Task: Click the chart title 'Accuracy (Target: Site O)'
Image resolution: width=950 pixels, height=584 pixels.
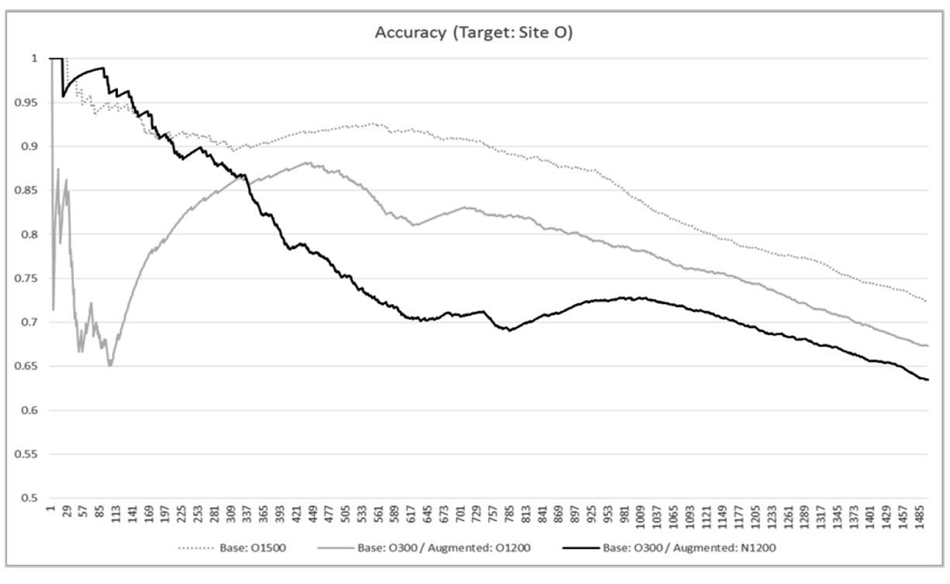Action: click(474, 33)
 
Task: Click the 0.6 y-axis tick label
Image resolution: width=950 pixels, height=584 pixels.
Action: click(29, 410)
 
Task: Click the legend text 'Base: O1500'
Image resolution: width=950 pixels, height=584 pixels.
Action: click(253, 548)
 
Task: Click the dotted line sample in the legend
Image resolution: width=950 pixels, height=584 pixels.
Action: click(196, 548)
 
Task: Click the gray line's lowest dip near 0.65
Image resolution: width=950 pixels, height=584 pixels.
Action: click(110, 365)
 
